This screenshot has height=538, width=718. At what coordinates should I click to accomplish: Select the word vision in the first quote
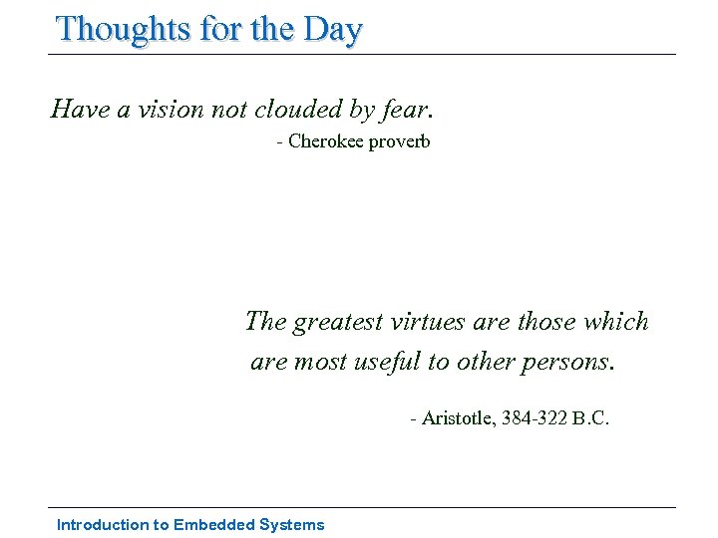164,108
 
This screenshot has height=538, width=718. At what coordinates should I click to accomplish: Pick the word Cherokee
326,141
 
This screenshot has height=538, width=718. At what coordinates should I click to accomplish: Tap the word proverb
399,141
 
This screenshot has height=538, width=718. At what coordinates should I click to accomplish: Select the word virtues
427,322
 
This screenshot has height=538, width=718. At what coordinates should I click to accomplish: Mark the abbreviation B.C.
590,417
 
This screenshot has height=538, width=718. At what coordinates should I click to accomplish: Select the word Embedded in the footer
212,525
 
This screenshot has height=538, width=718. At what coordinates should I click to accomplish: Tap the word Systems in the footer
291,525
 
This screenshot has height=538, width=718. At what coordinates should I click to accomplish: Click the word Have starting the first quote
81,108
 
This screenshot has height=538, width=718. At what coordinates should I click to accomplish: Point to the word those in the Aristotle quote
543,322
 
